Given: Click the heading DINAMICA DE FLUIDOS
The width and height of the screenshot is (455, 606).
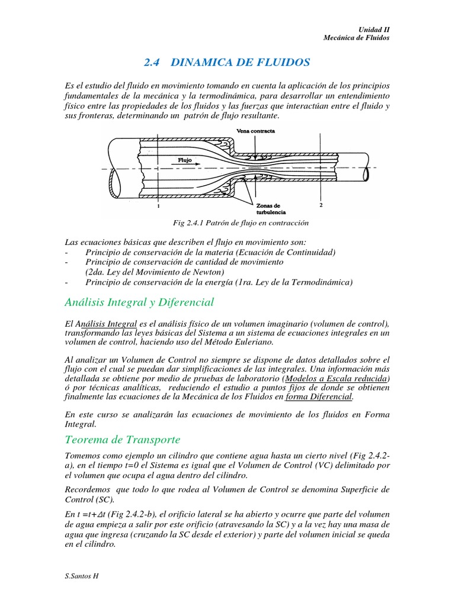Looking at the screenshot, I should [x=243, y=62].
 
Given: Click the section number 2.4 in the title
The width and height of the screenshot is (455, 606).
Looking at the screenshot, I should [x=153, y=62].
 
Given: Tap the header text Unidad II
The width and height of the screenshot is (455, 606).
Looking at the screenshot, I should [x=375, y=29].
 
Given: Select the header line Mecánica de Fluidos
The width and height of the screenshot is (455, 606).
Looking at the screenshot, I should [x=357, y=38].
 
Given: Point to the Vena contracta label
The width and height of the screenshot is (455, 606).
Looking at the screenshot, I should [x=255, y=131].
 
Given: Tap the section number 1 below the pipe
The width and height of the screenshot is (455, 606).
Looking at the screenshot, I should [x=159, y=208].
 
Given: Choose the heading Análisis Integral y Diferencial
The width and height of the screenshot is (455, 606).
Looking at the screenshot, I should [x=139, y=302].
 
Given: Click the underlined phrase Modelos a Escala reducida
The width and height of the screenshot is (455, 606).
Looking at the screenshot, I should [x=337, y=378].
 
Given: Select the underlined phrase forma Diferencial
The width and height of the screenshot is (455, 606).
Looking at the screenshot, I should [x=319, y=397].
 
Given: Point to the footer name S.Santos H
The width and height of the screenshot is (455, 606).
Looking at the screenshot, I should [x=80, y=575].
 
